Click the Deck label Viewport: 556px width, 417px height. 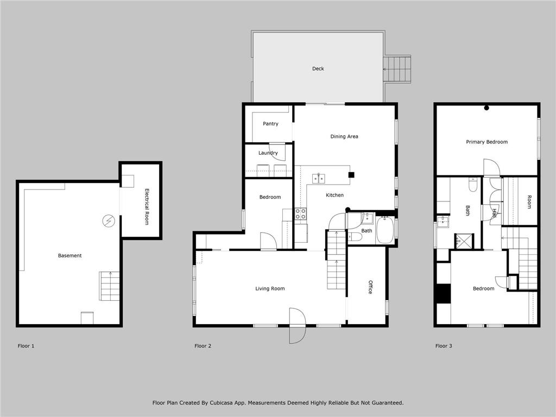[318, 69]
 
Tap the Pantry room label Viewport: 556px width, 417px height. [270, 124]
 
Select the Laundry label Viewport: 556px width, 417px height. [268, 153]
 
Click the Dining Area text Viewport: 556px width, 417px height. [344, 136]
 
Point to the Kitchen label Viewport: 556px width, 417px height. [334, 195]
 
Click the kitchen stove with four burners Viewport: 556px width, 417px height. [301, 213]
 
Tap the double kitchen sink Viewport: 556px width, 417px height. [318, 178]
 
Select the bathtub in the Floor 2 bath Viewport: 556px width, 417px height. [385, 230]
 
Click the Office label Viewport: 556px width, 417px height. [370, 287]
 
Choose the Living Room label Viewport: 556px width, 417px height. [270, 289]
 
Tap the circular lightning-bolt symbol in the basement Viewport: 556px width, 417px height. [109, 221]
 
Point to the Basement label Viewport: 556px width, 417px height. [70, 256]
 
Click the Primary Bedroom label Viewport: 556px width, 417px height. [487, 142]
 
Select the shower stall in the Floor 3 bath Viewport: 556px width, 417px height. [465, 241]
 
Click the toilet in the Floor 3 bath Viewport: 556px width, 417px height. [473, 185]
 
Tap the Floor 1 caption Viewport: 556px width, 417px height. [26, 346]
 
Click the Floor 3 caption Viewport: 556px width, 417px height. [444, 346]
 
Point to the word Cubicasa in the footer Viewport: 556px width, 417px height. [222, 403]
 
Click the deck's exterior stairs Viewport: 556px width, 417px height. [397, 69]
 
